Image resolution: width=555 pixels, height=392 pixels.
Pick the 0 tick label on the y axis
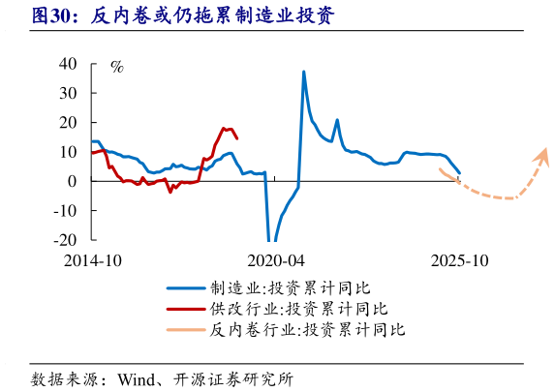[73, 181]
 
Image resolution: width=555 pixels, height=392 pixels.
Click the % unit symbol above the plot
[116, 68]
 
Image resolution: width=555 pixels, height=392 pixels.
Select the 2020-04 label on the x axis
[275, 261]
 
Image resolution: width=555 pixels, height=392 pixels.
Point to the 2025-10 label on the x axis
[458, 261]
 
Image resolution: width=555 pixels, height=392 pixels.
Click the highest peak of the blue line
[304, 72]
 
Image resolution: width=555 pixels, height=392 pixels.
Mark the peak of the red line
[224, 128]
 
